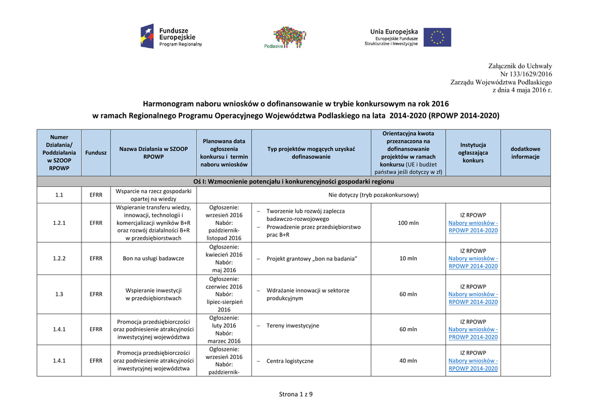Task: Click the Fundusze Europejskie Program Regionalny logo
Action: pyautogui.click(x=171, y=36)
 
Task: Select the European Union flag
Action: pyautogui.click(x=437, y=37)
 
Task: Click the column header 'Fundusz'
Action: pyautogui.click(x=96, y=153)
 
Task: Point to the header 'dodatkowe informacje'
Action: pyautogui.click(x=525, y=153)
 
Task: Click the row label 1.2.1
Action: pyautogui.click(x=59, y=223)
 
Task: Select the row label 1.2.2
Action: pyautogui.click(x=59, y=258)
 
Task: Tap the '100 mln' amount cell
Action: pyautogui.click(x=408, y=223)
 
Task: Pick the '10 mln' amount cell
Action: pyautogui.click(x=408, y=258)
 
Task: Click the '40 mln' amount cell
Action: pyautogui.click(x=408, y=361)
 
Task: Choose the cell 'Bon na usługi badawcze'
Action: pyautogui.click(x=153, y=258)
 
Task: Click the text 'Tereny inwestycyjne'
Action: pyautogui.click(x=293, y=326)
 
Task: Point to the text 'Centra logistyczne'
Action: pyautogui.click(x=290, y=361)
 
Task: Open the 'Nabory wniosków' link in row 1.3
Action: pyautogui.click(x=473, y=298)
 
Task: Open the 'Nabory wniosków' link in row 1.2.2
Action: pyautogui.click(x=473, y=262)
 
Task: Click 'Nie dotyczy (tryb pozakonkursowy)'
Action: pyautogui.click(x=373, y=195)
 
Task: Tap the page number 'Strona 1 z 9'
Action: pyautogui.click(x=296, y=394)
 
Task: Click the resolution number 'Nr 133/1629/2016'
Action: pyautogui.click(x=526, y=74)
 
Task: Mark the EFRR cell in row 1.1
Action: pyautogui.click(x=96, y=195)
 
